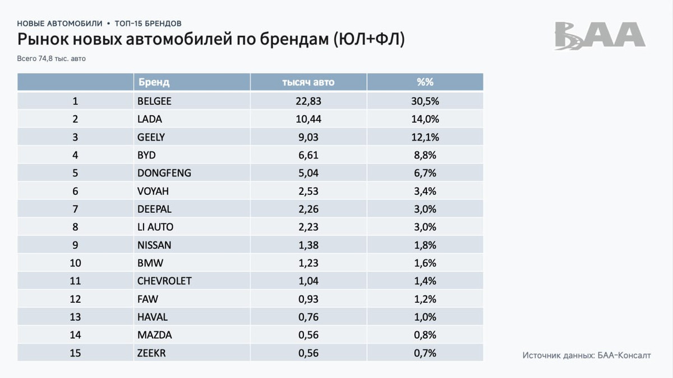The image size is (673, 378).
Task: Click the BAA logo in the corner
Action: [x=600, y=36]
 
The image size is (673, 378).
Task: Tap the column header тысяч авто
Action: [x=308, y=82]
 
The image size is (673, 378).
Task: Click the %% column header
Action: [x=425, y=82]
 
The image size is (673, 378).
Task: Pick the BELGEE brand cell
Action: [x=154, y=101]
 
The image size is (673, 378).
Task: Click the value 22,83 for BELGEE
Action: [x=308, y=101]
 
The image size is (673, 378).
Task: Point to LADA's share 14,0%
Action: [x=425, y=119]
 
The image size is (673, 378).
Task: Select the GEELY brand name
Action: [x=151, y=137]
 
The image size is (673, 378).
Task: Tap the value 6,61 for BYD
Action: [x=308, y=155]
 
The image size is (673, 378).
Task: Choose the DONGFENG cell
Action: [x=164, y=173]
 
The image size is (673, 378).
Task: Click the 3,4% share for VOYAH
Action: [x=425, y=191]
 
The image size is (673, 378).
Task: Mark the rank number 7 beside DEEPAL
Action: [x=75, y=209]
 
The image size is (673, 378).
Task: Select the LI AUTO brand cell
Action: [x=155, y=227]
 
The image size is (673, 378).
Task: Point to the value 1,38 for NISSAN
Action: [x=308, y=245]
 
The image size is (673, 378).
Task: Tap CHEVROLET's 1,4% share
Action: [x=425, y=281]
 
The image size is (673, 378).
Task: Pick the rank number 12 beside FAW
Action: [x=75, y=299]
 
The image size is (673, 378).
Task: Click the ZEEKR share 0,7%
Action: [x=425, y=353]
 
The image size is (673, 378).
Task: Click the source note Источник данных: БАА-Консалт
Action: [x=587, y=356]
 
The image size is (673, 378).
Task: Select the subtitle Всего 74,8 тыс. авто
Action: [x=52, y=58]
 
